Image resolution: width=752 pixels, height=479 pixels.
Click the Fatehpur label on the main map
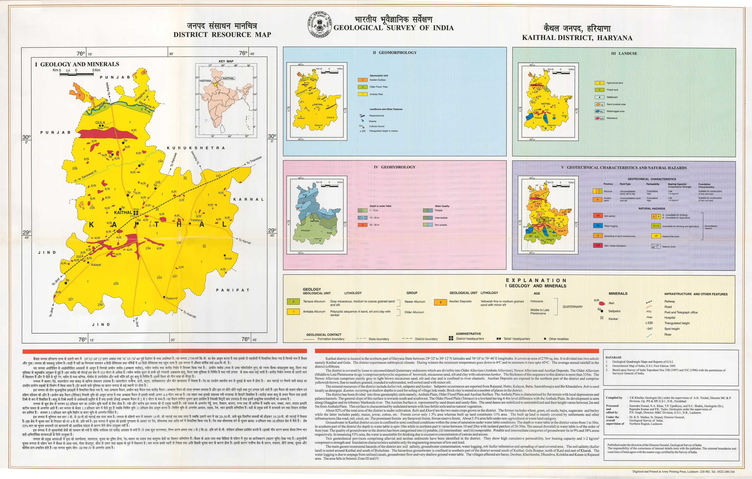(197, 220)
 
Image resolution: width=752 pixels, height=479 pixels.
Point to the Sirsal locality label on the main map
(228, 258)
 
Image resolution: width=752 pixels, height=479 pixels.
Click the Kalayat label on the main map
(96, 265)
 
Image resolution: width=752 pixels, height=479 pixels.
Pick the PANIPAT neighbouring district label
(233, 290)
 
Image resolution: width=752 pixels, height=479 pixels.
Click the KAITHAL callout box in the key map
(229, 78)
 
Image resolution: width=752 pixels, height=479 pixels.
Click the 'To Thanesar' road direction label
(254, 160)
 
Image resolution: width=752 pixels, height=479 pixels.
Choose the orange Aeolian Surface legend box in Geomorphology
(362, 80)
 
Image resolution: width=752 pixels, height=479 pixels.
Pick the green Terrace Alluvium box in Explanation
(293, 301)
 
